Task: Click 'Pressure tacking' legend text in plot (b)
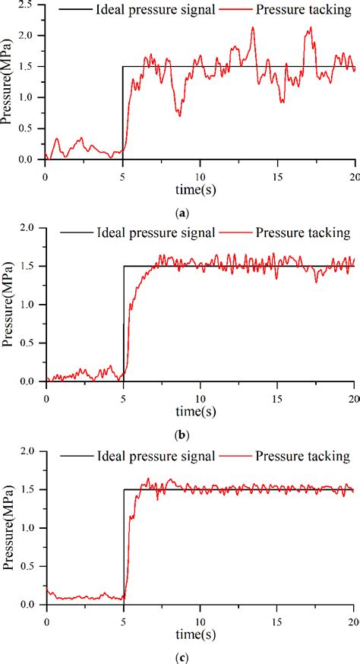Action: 302,232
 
